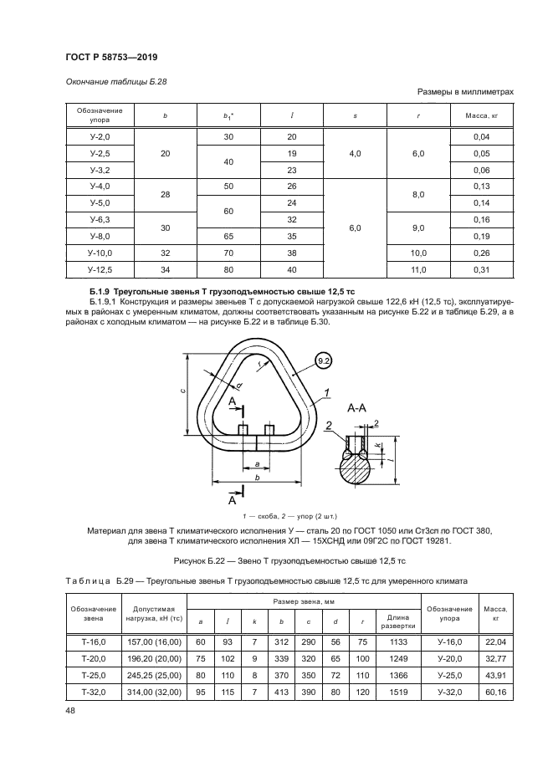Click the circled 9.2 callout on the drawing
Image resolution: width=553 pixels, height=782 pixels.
click(325, 360)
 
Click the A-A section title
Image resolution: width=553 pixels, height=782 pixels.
click(357, 408)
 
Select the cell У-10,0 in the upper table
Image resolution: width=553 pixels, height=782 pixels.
click(100, 253)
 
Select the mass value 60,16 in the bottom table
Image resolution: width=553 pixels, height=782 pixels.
click(490, 692)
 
